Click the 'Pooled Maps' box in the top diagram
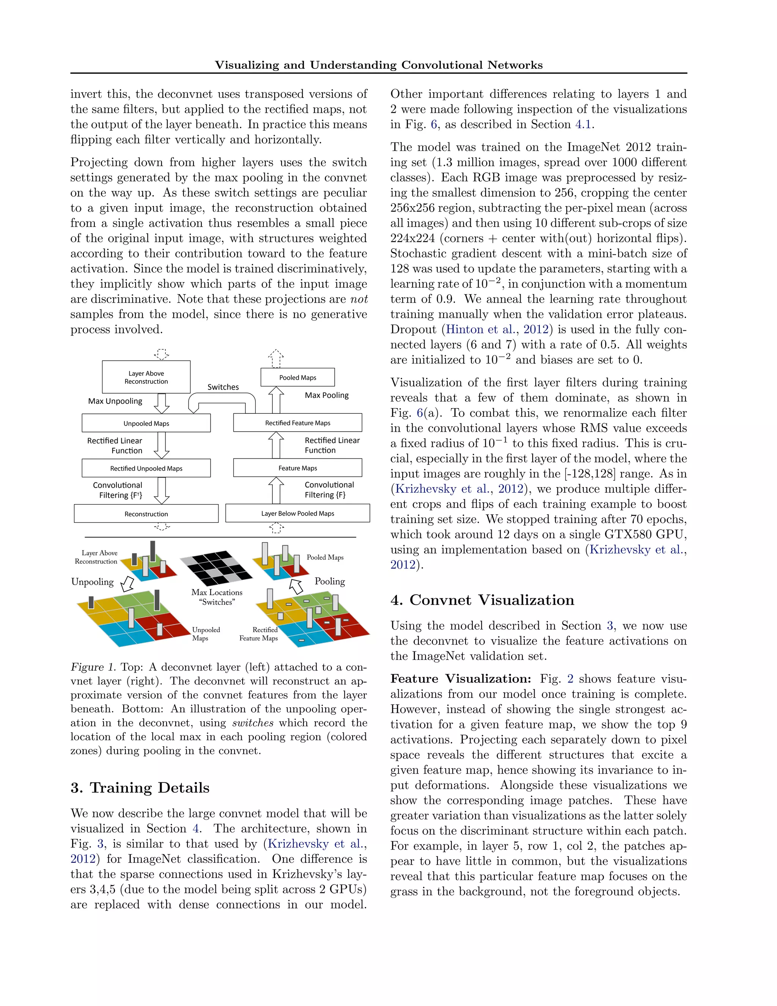(x=297, y=377)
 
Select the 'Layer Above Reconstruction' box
(x=146, y=377)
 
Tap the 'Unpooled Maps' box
(x=146, y=423)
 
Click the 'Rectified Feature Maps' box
(x=297, y=423)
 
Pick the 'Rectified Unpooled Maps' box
(x=146, y=468)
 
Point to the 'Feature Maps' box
(x=297, y=468)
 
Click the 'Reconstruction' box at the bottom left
(x=146, y=514)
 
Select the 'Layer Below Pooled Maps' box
(x=297, y=513)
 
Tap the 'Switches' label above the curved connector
(x=223, y=387)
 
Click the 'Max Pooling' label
(x=326, y=395)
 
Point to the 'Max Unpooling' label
(x=115, y=401)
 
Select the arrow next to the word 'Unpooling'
(x=127, y=583)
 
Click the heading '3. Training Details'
(x=140, y=788)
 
